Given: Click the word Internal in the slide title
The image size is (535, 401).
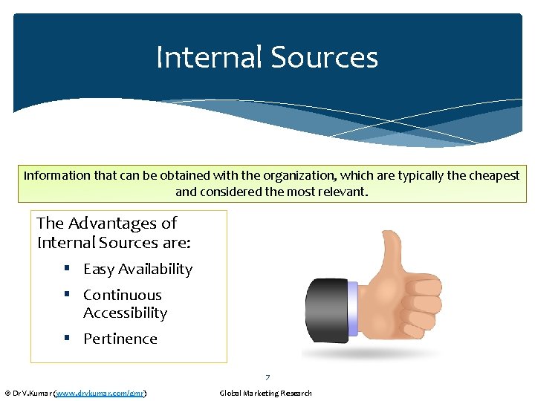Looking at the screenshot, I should [x=208, y=58].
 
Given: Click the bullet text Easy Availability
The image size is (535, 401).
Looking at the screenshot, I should [x=137, y=270].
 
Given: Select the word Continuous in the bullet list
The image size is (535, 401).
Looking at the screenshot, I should [x=122, y=295].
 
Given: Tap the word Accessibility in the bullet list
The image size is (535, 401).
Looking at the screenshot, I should [x=125, y=313].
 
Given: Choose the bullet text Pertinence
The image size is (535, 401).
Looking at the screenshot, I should [x=120, y=339].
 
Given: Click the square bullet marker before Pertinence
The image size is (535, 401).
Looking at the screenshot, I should [x=67, y=339].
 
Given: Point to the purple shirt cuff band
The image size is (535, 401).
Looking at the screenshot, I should [x=352, y=308].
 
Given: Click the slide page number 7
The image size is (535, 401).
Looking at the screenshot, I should [x=267, y=378].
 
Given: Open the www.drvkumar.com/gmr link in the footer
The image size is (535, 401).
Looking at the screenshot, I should [x=100, y=393].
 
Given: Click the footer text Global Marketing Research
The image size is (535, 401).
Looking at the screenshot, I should [x=265, y=393].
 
